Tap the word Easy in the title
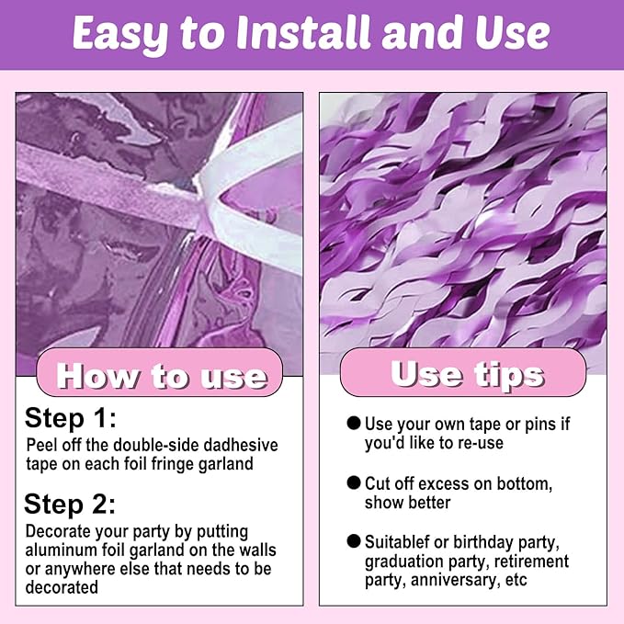(x=120, y=35)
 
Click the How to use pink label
(x=160, y=373)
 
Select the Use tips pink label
(x=463, y=372)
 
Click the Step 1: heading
(x=71, y=419)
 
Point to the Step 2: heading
(x=70, y=505)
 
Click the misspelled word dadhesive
(x=241, y=445)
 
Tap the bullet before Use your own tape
(x=354, y=423)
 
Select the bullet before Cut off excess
(x=354, y=482)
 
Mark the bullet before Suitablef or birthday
(x=354, y=541)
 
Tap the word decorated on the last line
(x=62, y=587)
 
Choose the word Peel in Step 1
(x=41, y=445)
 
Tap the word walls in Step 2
(x=257, y=550)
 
